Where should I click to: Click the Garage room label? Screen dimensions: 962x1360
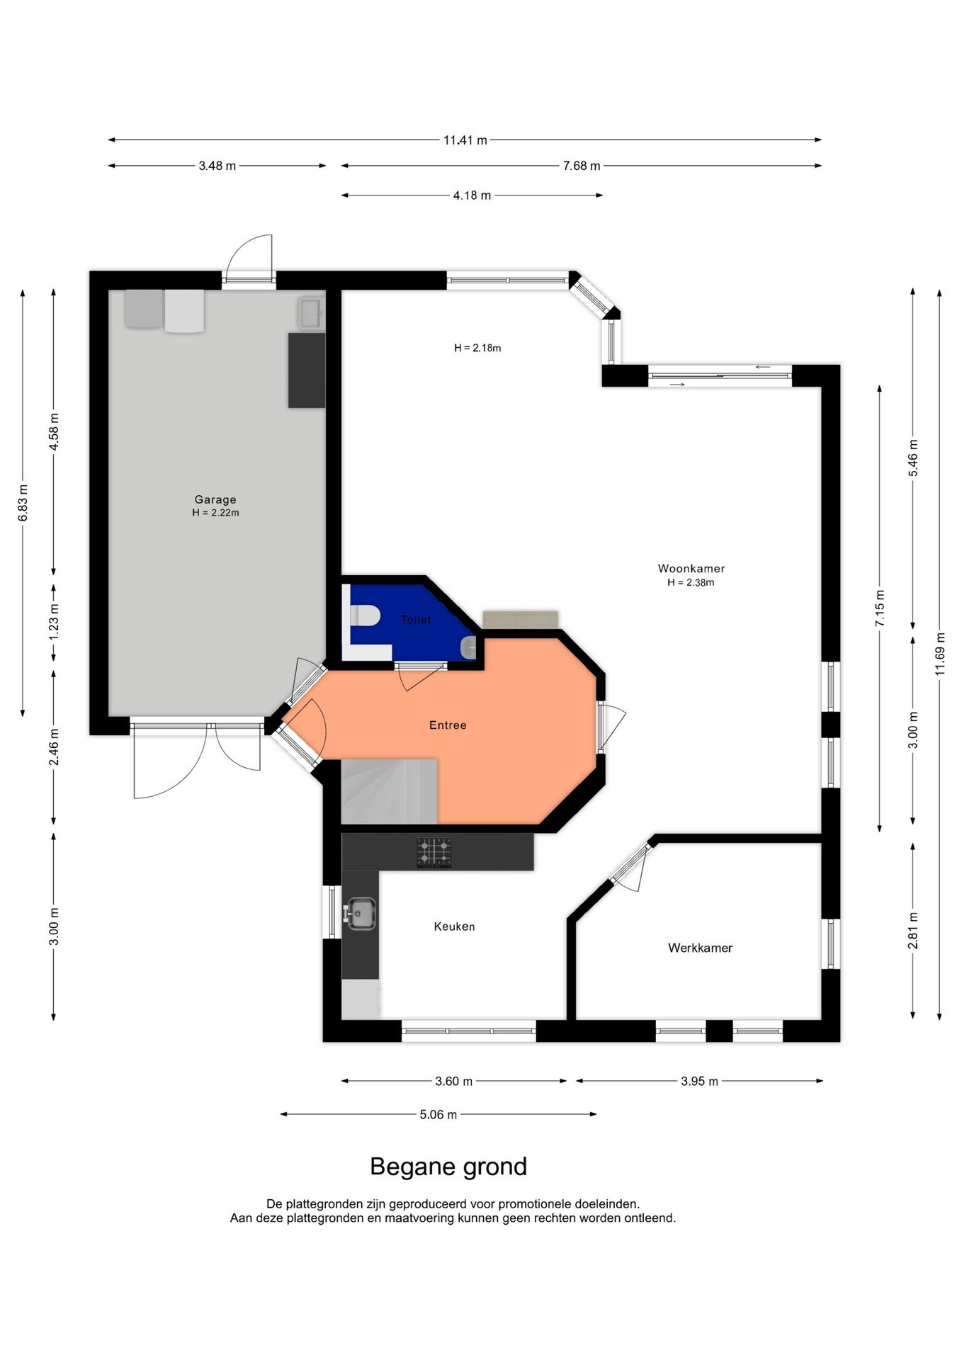[x=215, y=499]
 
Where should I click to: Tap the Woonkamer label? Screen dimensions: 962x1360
[x=691, y=568]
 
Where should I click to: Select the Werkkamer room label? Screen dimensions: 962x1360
[x=700, y=948]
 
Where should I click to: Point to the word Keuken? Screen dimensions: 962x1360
[x=454, y=926]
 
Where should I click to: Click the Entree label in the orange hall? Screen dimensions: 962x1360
[x=448, y=725]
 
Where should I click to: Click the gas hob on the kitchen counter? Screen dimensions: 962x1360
[x=434, y=852]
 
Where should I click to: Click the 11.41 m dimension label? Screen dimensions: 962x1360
[x=465, y=140]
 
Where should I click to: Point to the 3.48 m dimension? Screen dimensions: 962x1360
[x=217, y=166]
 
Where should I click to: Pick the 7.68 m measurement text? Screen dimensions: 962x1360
[x=582, y=166]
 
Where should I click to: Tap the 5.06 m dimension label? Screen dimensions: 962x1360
[x=438, y=1114]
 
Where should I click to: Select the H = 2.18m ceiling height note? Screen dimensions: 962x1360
[x=477, y=348]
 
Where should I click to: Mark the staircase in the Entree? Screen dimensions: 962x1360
[x=389, y=791]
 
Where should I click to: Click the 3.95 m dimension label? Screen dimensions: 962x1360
[x=700, y=1081]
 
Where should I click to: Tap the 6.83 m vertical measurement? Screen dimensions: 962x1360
[x=23, y=502]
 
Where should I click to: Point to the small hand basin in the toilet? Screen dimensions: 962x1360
[x=468, y=647]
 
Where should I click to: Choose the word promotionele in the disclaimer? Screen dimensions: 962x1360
[x=531, y=1203]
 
